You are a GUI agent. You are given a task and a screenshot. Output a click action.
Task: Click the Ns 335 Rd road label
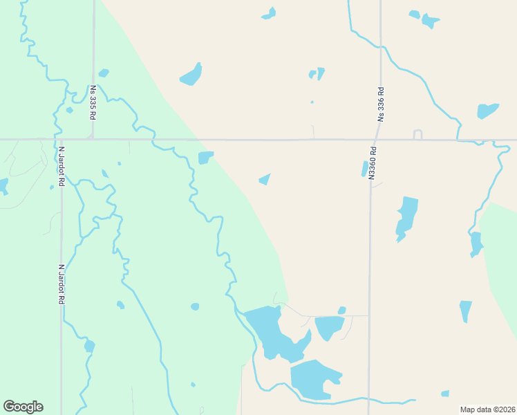[x=92, y=102]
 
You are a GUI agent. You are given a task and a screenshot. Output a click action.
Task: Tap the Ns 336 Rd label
[x=380, y=104]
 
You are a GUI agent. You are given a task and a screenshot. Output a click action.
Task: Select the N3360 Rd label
[x=372, y=163]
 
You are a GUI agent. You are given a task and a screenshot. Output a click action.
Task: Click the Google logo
[x=23, y=407]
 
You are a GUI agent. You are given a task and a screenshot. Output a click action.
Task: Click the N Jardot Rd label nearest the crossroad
[x=62, y=166]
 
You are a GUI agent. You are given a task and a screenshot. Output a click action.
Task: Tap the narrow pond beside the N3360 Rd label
[x=364, y=169]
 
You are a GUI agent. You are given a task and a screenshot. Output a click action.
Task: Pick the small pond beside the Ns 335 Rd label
[x=104, y=73]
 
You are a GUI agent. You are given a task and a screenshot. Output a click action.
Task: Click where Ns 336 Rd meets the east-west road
[x=380, y=140]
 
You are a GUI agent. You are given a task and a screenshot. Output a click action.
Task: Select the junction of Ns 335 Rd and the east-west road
[x=93, y=139]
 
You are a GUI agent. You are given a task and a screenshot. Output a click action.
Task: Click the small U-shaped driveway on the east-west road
[x=417, y=134]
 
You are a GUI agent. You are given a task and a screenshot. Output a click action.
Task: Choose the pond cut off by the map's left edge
[x=3, y=186]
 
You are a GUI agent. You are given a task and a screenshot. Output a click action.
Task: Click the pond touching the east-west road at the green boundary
[x=205, y=158]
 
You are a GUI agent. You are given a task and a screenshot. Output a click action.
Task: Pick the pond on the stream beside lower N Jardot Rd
[x=89, y=346]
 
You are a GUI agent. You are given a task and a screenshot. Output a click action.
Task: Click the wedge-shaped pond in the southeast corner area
[x=465, y=310]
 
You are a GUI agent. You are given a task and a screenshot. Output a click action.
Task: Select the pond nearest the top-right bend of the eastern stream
[x=487, y=110]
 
